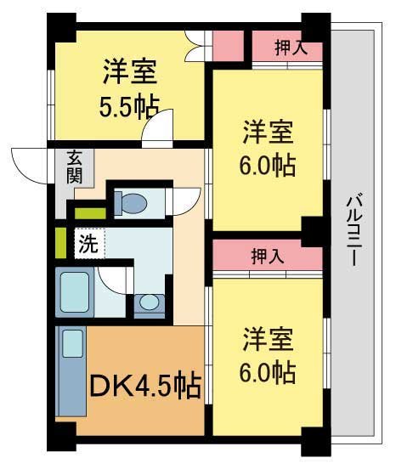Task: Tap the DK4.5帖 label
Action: tap(145, 387)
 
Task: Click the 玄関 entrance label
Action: tap(75, 167)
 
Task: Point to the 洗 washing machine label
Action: tap(88, 244)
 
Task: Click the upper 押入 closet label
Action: tap(291, 48)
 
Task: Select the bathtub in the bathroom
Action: tap(75, 291)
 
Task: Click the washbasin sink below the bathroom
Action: tap(150, 302)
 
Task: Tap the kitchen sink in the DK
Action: tap(71, 345)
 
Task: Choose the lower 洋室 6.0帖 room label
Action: tap(267, 355)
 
